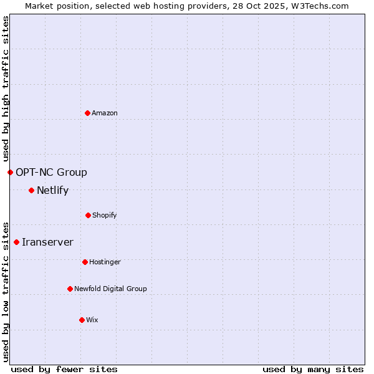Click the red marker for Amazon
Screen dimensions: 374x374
(x=87, y=113)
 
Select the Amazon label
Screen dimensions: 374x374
(x=105, y=113)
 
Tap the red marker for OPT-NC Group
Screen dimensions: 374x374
(x=10, y=172)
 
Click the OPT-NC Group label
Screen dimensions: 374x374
(x=51, y=173)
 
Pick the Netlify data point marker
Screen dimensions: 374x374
(x=31, y=190)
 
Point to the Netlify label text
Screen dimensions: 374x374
(x=52, y=191)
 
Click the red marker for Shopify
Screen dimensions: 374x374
(x=88, y=215)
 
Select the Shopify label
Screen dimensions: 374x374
(x=105, y=216)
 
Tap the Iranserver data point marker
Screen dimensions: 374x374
(x=16, y=242)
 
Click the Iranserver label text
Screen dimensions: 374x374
(x=47, y=242)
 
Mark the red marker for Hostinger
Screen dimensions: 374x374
(x=85, y=262)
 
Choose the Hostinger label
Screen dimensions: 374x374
(x=105, y=262)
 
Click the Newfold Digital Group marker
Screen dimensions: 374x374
(x=70, y=289)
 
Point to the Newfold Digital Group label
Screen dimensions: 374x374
(x=110, y=289)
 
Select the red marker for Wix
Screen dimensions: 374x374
(x=82, y=320)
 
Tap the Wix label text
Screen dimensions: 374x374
(x=92, y=320)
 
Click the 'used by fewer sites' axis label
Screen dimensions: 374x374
(x=64, y=369)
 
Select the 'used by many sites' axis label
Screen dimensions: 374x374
(x=313, y=369)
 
